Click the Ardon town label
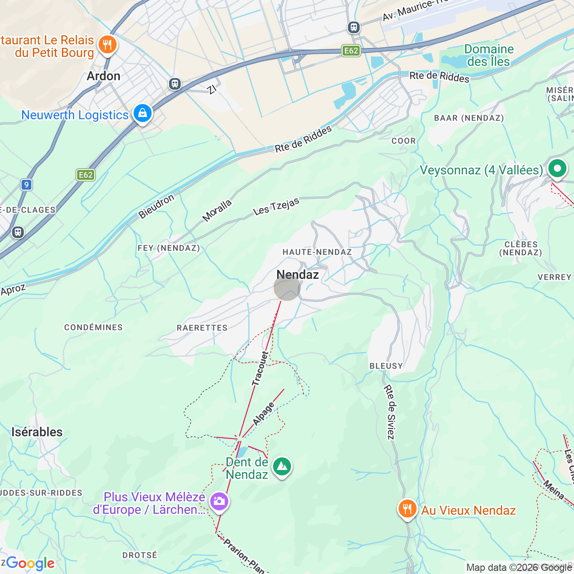103,76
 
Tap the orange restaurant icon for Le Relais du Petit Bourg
107,45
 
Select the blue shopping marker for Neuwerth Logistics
142,113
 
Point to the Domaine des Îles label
488,55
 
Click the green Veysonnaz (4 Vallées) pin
557,169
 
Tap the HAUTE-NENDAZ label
317,252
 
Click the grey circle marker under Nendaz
287,287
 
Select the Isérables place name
37,432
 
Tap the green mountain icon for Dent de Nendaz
282,467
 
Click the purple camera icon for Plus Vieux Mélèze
219,500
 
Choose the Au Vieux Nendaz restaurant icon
407,509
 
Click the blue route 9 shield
26,184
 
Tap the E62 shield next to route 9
86,175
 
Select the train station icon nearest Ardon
175,84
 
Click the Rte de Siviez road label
390,412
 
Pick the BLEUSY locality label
386,366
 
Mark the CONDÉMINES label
93,327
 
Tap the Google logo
30,563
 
